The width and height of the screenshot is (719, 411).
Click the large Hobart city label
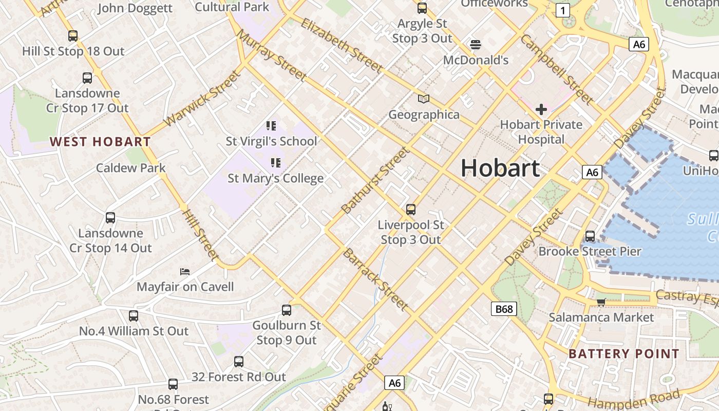(x=500, y=168)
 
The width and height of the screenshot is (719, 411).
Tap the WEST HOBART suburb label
(x=100, y=142)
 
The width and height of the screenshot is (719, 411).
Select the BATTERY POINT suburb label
(x=624, y=353)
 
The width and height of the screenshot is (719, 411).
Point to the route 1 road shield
(x=563, y=10)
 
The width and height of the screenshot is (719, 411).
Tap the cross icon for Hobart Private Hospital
(x=541, y=109)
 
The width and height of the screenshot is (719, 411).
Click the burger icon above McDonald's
(x=475, y=44)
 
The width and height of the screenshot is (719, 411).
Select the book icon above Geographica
(x=423, y=99)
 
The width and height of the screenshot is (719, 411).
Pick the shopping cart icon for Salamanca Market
(x=601, y=302)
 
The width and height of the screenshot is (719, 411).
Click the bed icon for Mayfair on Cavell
(x=185, y=271)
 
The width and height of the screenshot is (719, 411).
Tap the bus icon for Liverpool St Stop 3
(x=410, y=209)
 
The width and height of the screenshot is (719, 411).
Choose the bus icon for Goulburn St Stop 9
(x=287, y=310)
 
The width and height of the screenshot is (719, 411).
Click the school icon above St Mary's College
(x=276, y=163)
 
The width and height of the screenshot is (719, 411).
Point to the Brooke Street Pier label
(x=590, y=251)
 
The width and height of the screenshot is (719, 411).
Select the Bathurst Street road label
(x=376, y=180)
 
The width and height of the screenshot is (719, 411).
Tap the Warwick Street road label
(x=202, y=99)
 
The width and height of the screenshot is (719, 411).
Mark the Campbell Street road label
(x=557, y=69)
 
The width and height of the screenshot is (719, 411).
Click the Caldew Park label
(x=131, y=168)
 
